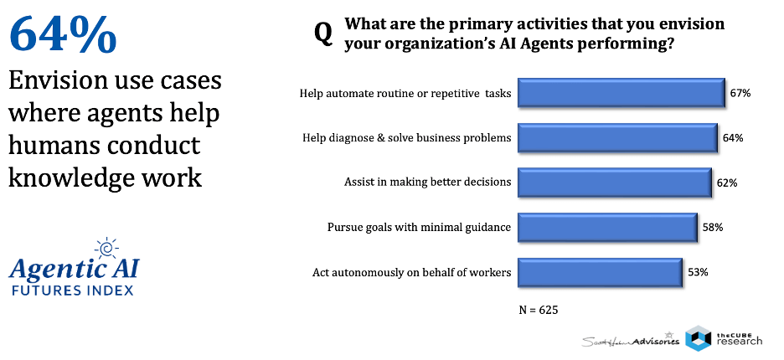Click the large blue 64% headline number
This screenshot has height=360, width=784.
click(x=63, y=35)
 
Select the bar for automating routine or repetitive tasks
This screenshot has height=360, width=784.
click(x=622, y=92)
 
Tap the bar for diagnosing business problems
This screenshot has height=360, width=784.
click(x=617, y=137)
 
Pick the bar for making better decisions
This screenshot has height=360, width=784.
click(x=615, y=183)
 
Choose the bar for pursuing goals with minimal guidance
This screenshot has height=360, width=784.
click(x=607, y=228)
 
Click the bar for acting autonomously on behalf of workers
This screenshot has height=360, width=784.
click(x=600, y=272)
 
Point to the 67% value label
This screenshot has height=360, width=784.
click(x=740, y=93)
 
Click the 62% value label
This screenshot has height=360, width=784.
click(x=727, y=183)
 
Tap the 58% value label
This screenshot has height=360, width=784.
click(x=713, y=228)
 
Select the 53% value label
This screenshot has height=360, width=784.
click(x=698, y=273)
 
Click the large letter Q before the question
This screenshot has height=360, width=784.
click(x=323, y=35)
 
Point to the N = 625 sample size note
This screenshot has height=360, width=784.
click(x=539, y=310)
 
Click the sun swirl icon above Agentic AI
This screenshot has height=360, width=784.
click(x=106, y=249)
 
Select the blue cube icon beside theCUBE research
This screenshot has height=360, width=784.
click(x=698, y=338)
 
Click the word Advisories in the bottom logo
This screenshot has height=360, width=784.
click(x=656, y=342)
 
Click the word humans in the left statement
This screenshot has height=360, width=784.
click(x=54, y=146)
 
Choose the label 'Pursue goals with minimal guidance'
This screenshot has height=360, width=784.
click(x=419, y=228)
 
